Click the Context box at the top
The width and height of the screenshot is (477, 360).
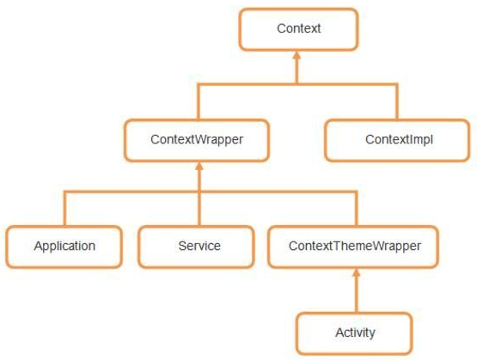click(x=298, y=29)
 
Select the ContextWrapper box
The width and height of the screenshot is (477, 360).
click(x=197, y=140)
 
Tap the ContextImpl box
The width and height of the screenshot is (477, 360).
click(x=397, y=140)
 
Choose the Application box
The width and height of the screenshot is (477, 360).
click(x=64, y=247)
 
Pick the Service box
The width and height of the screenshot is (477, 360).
click(x=196, y=247)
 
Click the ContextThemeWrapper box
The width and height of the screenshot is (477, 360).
click(x=353, y=247)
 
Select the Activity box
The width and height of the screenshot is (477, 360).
click(x=354, y=333)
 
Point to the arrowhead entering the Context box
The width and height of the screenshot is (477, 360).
click(x=297, y=55)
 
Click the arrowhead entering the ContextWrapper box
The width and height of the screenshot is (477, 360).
click(x=199, y=167)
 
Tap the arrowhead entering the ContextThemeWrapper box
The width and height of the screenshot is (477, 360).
click(x=356, y=272)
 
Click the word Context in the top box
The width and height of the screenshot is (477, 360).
click(x=298, y=28)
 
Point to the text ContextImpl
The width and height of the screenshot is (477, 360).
click(x=399, y=139)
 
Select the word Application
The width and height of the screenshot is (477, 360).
click(x=64, y=246)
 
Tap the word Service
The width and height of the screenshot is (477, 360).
click(x=199, y=246)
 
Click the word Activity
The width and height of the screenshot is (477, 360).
click(x=355, y=333)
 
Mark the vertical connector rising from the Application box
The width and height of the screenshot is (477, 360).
click(x=64, y=208)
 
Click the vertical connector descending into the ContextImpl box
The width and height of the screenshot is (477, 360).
click(x=397, y=101)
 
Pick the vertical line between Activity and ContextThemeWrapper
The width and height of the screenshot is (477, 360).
click(x=356, y=295)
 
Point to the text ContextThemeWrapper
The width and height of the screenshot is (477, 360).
click(x=355, y=246)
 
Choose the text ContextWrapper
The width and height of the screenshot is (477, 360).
click(x=197, y=139)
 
